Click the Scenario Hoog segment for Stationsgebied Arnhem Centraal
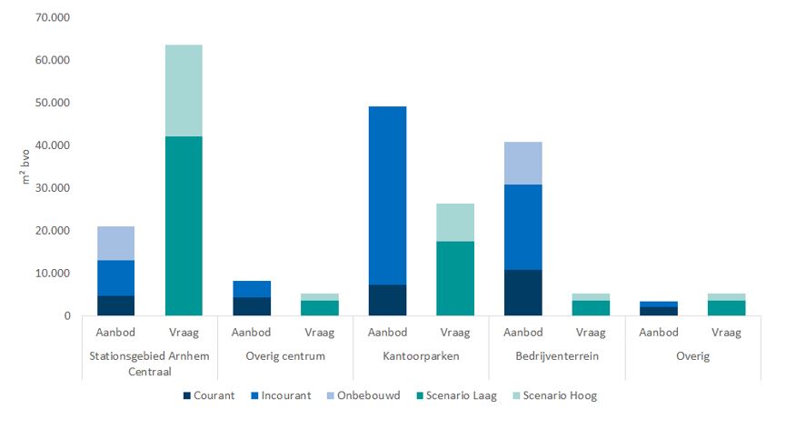[x=184, y=90]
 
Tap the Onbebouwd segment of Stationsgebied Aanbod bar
[x=116, y=243]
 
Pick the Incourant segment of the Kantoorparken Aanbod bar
[x=388, y=195]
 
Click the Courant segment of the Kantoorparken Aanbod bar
[x=388, y=300]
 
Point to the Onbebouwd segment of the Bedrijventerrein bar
[x=523, y=163]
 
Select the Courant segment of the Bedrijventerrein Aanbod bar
[x=523, y=293]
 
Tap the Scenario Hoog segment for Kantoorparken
[x=455, y=222]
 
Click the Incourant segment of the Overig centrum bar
[x=252, y=289]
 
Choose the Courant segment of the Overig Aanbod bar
[x=659, y=311]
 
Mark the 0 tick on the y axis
[x=66, y=316]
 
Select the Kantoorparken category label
[x=422, y=356]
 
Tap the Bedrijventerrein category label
[x=557, y=356]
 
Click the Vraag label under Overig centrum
[x=320, y=334]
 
